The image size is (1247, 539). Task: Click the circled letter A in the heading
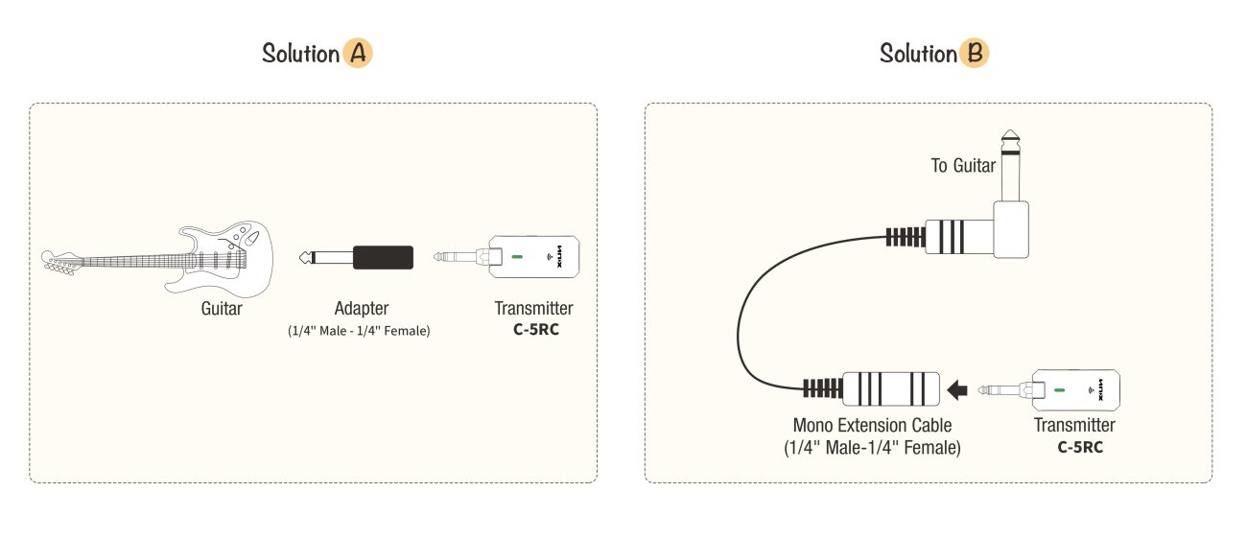point(358,54)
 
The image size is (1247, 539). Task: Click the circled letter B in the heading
point(975,54)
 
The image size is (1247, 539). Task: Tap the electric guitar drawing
point(157,258)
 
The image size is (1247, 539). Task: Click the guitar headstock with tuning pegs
point(61,263)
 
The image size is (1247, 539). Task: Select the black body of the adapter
point(383,257)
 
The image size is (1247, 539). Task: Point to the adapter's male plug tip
point(304,257)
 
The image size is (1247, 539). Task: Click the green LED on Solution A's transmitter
point(517,257)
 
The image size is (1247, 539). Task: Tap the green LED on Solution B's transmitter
point(1059,390)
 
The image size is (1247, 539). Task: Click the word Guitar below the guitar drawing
point(222,309)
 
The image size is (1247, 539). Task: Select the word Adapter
point(362,308)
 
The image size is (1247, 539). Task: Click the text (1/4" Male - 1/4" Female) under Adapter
point(359,331)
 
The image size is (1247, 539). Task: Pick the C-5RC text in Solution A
point(536,329)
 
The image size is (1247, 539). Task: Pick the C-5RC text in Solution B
point(1080,447)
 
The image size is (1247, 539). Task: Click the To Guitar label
point(963,165)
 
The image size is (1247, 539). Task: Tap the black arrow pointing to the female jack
point(957,389)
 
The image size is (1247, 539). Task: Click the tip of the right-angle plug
point(1010,134)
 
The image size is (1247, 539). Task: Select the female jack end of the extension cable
point(891,388)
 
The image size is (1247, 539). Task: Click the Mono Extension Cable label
point(872,426)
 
